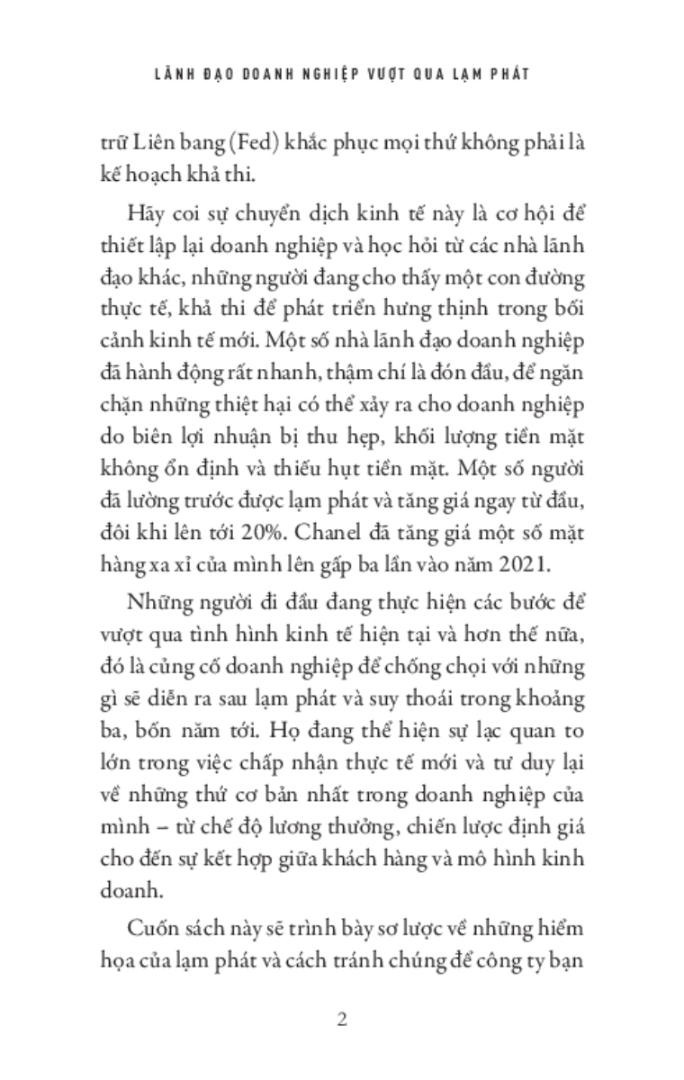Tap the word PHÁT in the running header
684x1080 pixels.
click(503, 75)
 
